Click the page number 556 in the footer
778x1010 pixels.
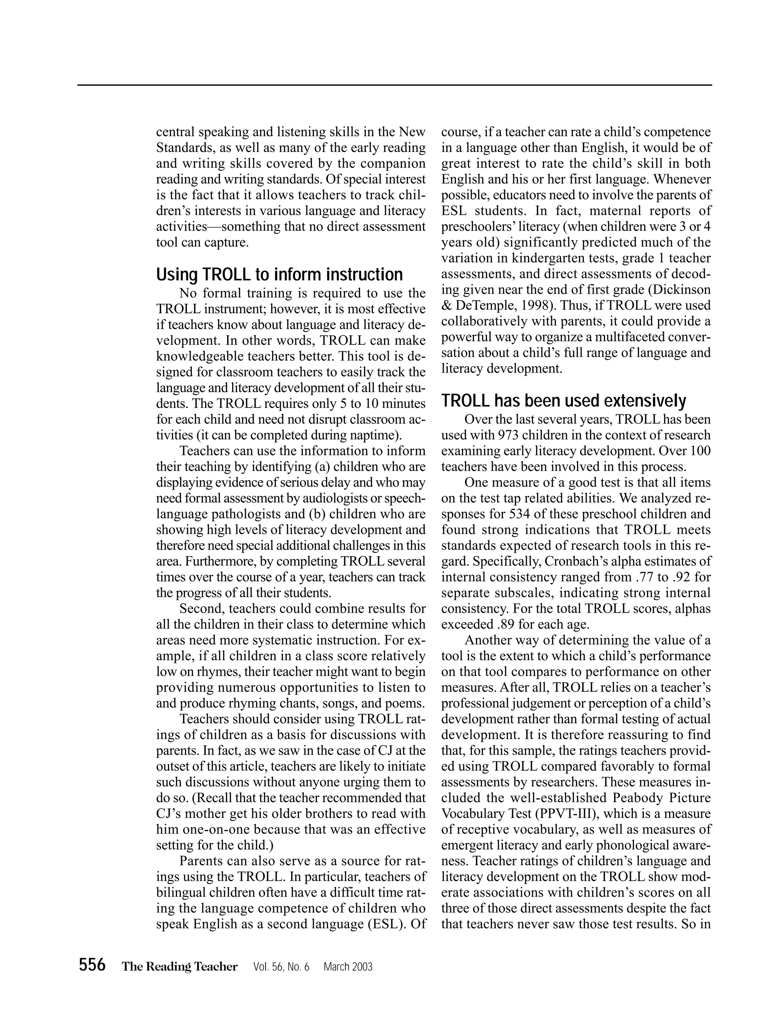92,966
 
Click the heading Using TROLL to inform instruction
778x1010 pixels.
279,275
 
